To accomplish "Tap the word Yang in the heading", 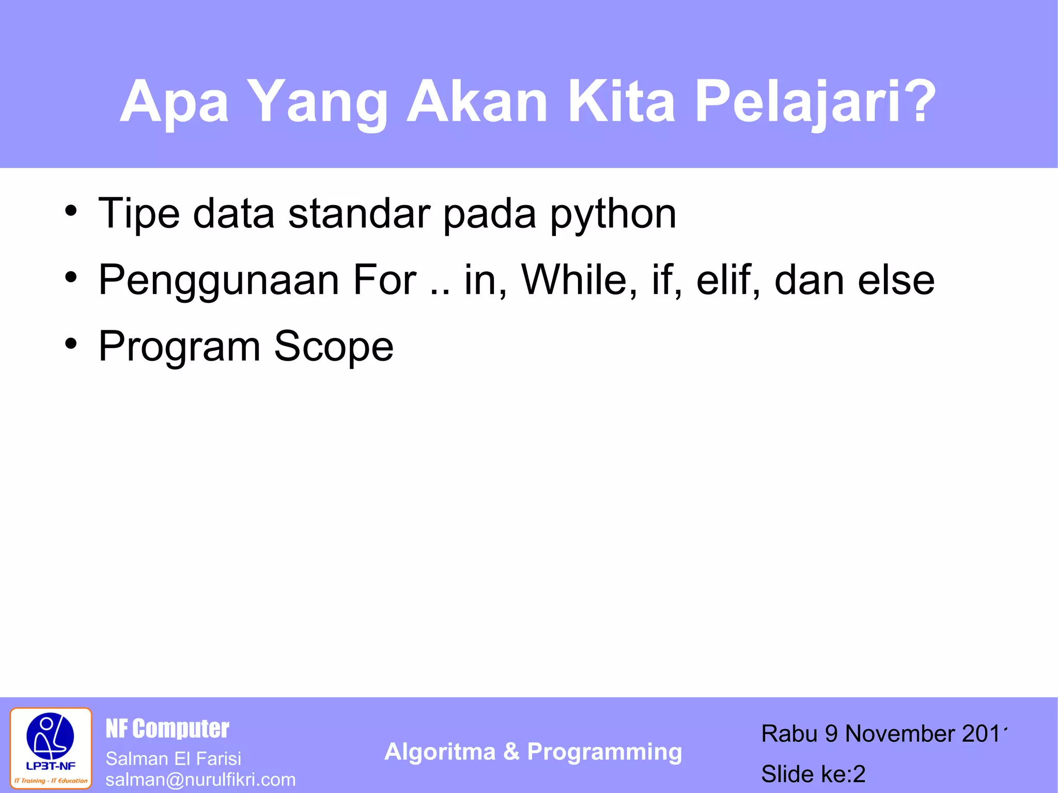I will (320, 102).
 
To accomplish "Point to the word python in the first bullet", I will (613, 215).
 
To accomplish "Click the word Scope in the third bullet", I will (334, 347).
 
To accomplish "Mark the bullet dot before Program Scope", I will (71, 343).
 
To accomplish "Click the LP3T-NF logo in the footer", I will (51, 748).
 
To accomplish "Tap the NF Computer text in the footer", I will (167, 728).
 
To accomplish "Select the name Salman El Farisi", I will (173, 758).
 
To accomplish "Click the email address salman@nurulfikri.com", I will (200, 780).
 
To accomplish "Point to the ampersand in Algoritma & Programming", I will (511, 752).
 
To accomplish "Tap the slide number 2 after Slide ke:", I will (859, 774).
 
